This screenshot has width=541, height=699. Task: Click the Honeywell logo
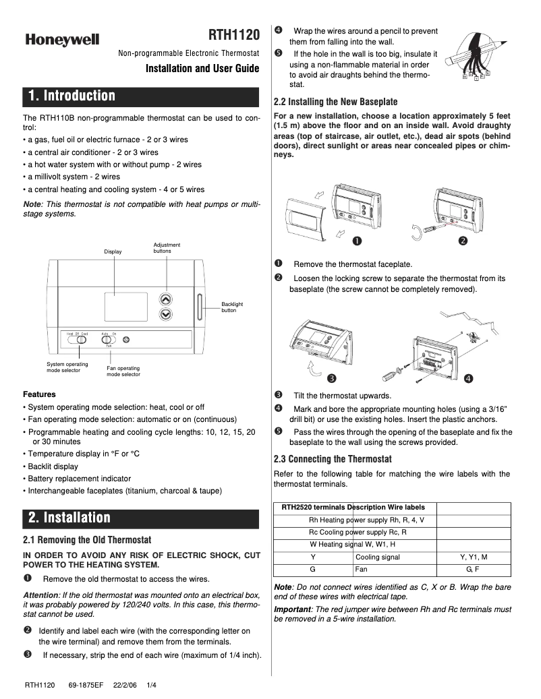(63, 40)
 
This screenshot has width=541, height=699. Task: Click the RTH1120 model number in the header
(233, 35)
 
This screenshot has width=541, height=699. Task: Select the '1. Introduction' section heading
(72, 96)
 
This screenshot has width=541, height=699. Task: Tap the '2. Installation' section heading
(69, 518)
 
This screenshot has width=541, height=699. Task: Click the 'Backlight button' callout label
(232, 307)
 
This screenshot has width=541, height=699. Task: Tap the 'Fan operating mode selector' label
(123, 371)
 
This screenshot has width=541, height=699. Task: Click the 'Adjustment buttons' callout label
(167, 247)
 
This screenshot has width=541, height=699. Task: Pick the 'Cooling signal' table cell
(377, 557)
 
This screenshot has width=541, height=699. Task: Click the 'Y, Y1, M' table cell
(473, 557)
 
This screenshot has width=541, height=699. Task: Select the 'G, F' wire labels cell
(473, 570)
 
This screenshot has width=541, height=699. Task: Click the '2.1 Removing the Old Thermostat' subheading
(87, 540)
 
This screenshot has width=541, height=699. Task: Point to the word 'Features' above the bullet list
(39, 394)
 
